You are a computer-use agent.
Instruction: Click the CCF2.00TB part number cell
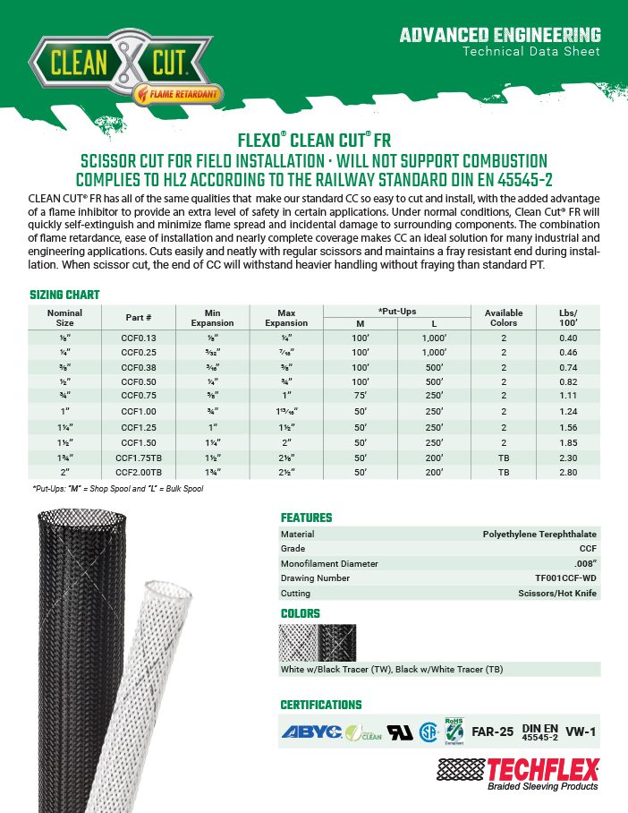click(x=138, y=472)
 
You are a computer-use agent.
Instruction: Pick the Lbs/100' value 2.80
click(x=567, y=472)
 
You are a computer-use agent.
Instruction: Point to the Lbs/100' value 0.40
click(x=567, y=338)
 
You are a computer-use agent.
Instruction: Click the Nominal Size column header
click(x=65, y=317)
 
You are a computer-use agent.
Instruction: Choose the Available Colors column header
click(x=504, y=317)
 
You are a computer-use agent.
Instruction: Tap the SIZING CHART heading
click(x=64, y=295)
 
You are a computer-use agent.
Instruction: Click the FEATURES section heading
click(x=306, y=518)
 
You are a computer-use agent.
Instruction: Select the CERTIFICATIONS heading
click(x=321, y=705)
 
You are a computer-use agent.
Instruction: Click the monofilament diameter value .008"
click(x=581, y=563)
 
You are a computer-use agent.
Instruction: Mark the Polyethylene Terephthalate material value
click(x=539, y=534)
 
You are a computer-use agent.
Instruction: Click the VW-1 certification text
click(x=581, y=732)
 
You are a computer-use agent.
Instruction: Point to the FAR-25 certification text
click(x=492, y=732)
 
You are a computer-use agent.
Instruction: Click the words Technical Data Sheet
click(x=530, y=51)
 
